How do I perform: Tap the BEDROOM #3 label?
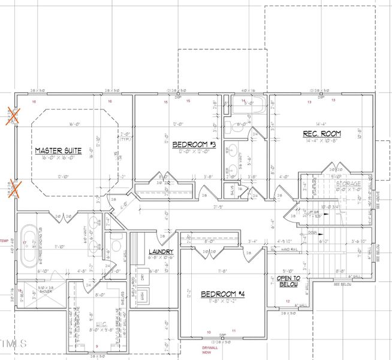coord(194,145)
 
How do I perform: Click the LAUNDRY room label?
coord(161,252)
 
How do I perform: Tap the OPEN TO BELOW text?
coord(288,282)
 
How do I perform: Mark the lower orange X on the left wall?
coord(13,190)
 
